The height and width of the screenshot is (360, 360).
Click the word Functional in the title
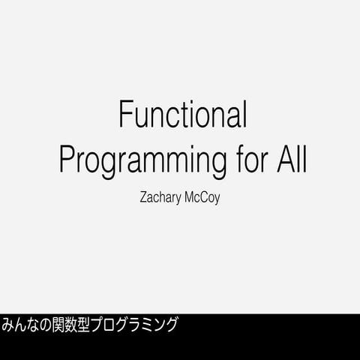183,115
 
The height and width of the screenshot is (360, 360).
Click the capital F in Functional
126,115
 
